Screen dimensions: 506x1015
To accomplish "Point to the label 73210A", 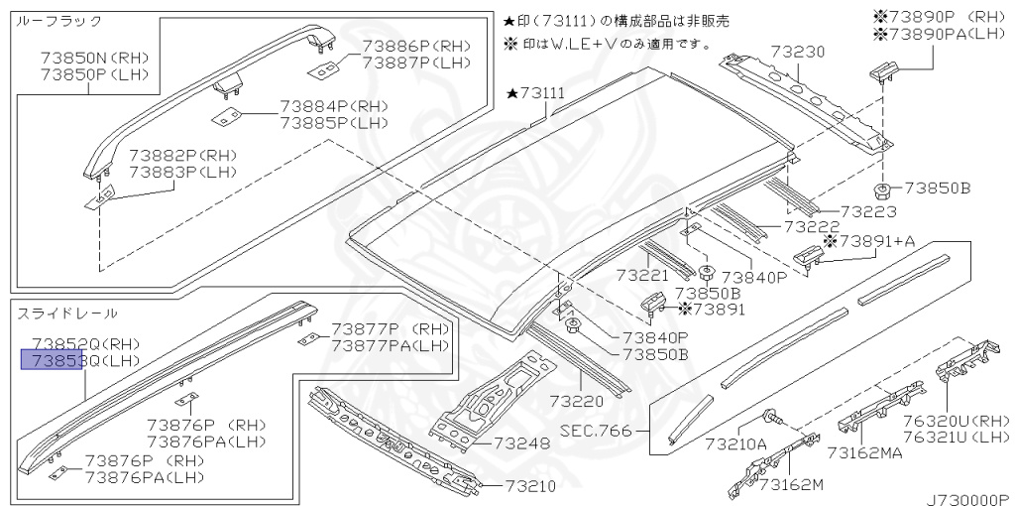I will pyautogui.click(x=734, y=443).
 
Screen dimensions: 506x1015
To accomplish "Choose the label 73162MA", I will pyautogui.click(x=864, y=453).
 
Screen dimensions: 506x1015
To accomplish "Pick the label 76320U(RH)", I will pyautogui.click(x=956, y=420).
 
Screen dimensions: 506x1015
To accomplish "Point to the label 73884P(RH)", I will pyautogui.click(x=333, y=106).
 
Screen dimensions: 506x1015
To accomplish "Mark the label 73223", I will pyautogui.click(x=840, y=211).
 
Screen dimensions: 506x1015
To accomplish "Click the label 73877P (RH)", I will pyautogui.click(x=390, y=329).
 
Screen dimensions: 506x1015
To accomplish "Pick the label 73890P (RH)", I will pyautogui.click(x=939, y=17).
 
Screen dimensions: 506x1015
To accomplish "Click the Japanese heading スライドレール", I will pyautogui.click(x=66, y=314).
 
